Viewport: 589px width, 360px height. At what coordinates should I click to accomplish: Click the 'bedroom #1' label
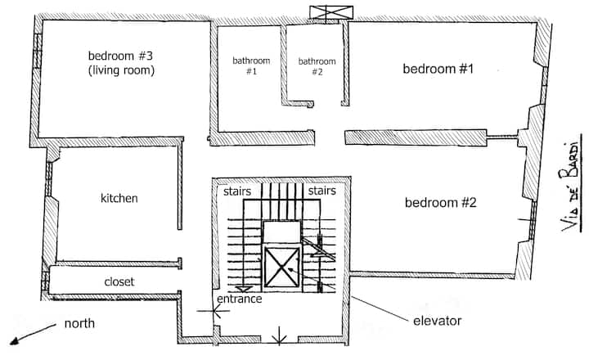coord(438,69)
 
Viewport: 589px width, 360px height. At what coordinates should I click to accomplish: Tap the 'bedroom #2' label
coord(441,203)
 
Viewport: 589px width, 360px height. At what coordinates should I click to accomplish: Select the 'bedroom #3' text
coord(120,56)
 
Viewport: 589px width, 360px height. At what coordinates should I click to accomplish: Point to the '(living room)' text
coord(121,70)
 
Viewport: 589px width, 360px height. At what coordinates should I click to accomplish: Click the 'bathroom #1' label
coord(251,65)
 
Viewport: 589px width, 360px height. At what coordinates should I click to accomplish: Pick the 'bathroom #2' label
coord(317,66)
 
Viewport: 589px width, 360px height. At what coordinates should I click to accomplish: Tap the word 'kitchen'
coord(119,198)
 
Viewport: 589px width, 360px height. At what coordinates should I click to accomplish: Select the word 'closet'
coord(119,281)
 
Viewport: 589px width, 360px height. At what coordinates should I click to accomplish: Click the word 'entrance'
coord(239,299)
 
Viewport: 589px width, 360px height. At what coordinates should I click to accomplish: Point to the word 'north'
coord(79,323)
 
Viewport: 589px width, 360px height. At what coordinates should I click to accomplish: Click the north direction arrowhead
coord(14,340)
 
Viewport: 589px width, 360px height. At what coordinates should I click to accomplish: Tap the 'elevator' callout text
coord(437,321)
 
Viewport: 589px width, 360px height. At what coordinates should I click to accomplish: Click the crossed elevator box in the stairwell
coord(281,268)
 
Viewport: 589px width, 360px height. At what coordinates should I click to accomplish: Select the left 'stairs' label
coord(237,191)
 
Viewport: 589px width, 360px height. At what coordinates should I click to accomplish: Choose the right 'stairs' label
coord(322,191)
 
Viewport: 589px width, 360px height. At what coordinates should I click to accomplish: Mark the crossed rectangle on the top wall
coord(331,12)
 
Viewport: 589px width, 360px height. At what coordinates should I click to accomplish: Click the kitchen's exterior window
coord(49,178)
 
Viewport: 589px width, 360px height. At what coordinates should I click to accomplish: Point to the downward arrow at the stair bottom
coord(244,289)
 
